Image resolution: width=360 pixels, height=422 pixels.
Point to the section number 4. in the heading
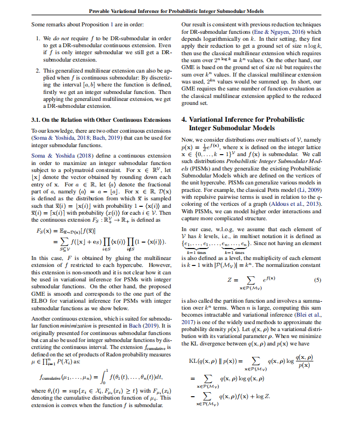pyautogui.click(x=184, y=120)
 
